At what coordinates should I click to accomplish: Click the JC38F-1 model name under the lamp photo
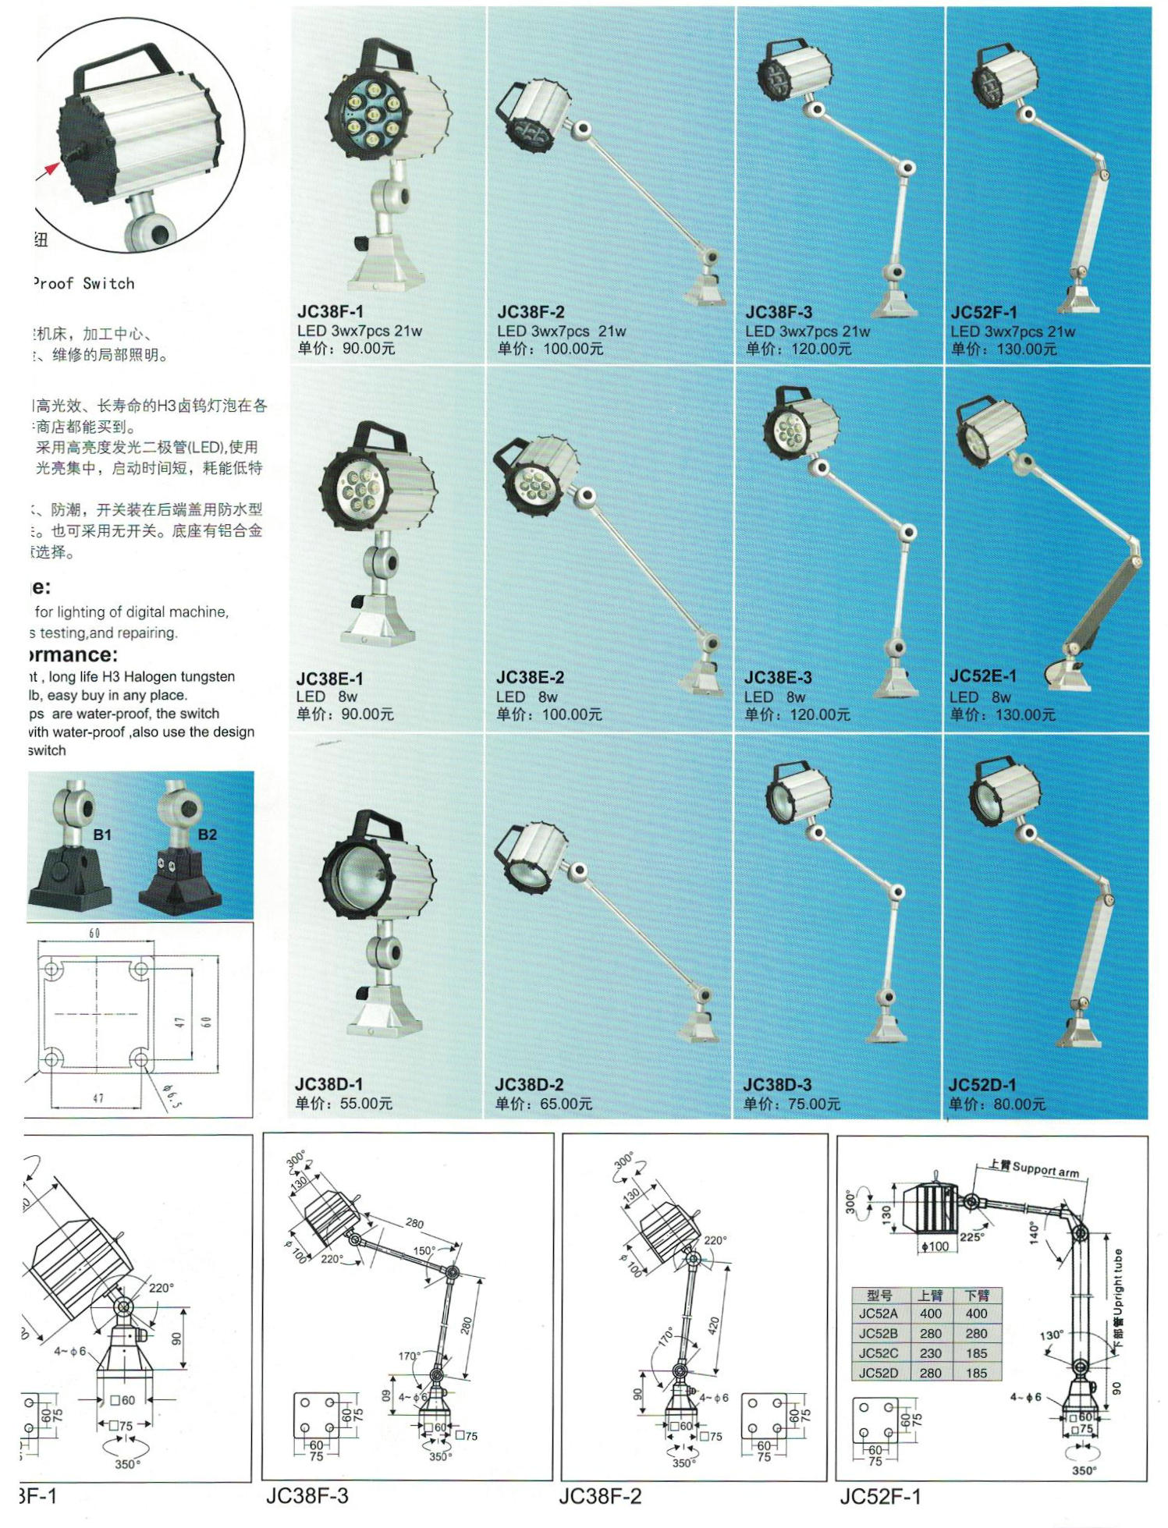point(330,311)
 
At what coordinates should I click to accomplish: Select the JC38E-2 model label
point(530,677)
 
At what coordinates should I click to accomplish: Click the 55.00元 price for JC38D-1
point(366,1104)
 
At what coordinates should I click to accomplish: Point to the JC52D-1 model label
point(982,1084)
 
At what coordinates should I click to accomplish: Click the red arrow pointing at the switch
point(51,167)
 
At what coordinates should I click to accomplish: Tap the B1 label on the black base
point(102,835)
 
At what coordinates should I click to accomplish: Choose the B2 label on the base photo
point(208,835)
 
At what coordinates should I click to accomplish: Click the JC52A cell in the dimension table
point(878,1314)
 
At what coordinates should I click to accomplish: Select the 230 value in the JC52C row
point(930,1353)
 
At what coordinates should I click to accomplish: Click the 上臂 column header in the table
point(930,1295)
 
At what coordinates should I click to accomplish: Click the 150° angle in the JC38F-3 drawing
point(424,1250)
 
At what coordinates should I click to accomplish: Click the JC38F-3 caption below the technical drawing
point(307,1495)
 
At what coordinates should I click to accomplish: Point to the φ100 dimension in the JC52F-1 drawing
point(935,1246)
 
